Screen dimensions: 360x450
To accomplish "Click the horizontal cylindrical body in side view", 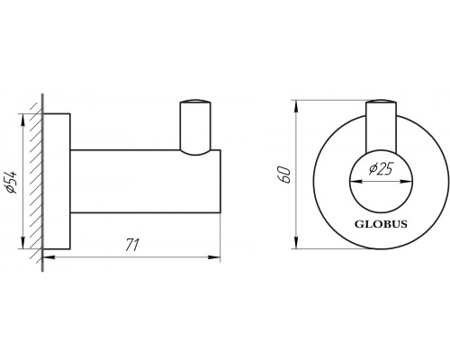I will (x=144, y=184).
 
